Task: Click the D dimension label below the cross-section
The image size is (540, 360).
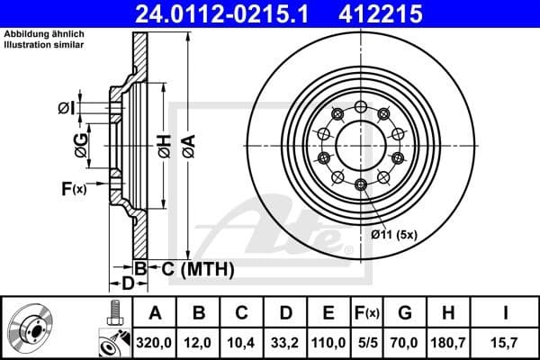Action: [128, 284]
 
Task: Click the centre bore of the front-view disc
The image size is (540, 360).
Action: [360, 145]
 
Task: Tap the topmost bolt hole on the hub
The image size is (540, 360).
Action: [360, 107]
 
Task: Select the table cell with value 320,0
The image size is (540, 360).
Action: [155, 343]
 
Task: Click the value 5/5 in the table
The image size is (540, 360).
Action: [365, 343]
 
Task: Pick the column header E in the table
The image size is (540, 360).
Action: [328, 313]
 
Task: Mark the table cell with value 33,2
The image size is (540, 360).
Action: [287, 343]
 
